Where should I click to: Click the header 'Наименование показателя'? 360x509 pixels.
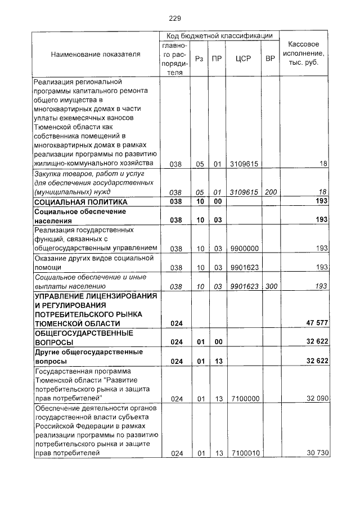tap(96, 55)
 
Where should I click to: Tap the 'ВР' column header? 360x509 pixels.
tap(271, 58)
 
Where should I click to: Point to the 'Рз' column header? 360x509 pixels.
tap(199, 58)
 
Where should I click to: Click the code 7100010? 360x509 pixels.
tap(244, 453)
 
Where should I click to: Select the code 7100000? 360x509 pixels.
tap(244, 398)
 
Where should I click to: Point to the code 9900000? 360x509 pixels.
tap(244, 248)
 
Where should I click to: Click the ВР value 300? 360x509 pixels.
tap(271, 286)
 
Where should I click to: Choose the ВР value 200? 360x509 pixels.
tap(271, 192)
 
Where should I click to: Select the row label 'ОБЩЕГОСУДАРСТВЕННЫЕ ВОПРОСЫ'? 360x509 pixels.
tap(84, 337)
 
